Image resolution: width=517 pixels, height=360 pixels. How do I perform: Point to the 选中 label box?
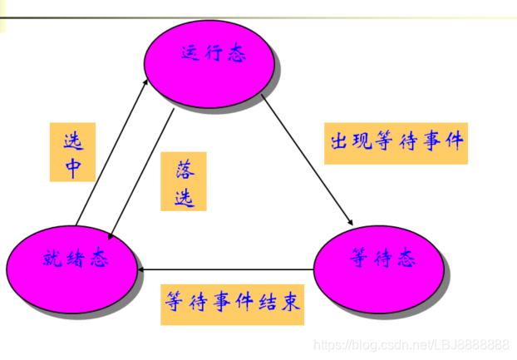pyautogui.click(x=72, y=152)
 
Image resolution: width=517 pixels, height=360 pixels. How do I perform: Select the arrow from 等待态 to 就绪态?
pyautogui.click(x=224, y=269)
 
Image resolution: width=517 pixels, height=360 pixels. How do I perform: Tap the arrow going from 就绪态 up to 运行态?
pyautogui.click(x=113, y=150)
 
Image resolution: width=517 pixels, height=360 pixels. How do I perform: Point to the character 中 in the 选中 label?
pyautogui.click(x=72, y=166)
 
